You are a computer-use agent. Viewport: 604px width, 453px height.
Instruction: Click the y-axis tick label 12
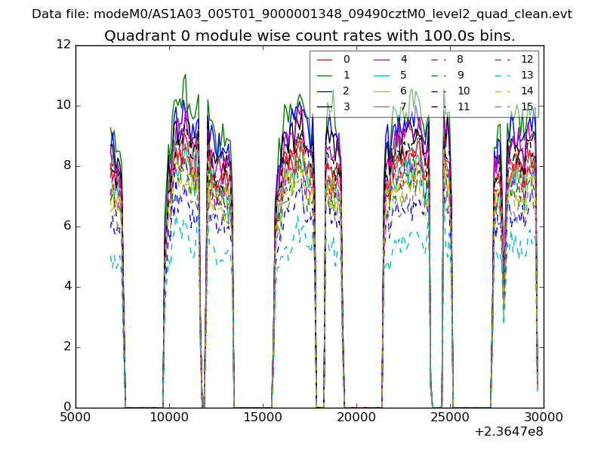63,45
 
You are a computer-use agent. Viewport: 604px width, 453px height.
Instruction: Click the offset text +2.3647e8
508,433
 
